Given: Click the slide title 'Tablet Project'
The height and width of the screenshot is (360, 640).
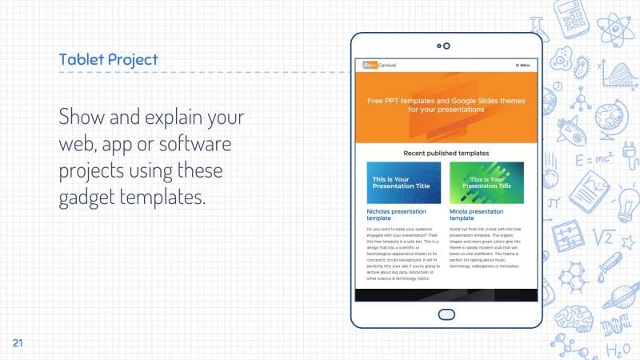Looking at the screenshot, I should tap(108, 60).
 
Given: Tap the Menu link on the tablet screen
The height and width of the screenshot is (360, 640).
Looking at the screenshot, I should tap(522, 65).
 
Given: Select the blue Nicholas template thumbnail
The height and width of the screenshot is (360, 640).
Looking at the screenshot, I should tap(403, 182).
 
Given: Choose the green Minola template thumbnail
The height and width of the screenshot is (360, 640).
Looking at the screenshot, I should tap(486, 182).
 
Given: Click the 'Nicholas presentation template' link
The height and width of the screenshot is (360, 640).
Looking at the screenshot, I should tap(395, 214).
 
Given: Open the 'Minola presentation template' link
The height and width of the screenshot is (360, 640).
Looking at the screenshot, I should tap(476, 214).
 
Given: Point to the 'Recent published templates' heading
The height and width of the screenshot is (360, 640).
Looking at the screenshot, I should tap(446, 153).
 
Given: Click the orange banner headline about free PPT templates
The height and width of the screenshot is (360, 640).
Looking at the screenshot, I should tap(446, 106).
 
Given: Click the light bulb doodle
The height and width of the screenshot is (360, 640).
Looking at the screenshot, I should tap(625, 200).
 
